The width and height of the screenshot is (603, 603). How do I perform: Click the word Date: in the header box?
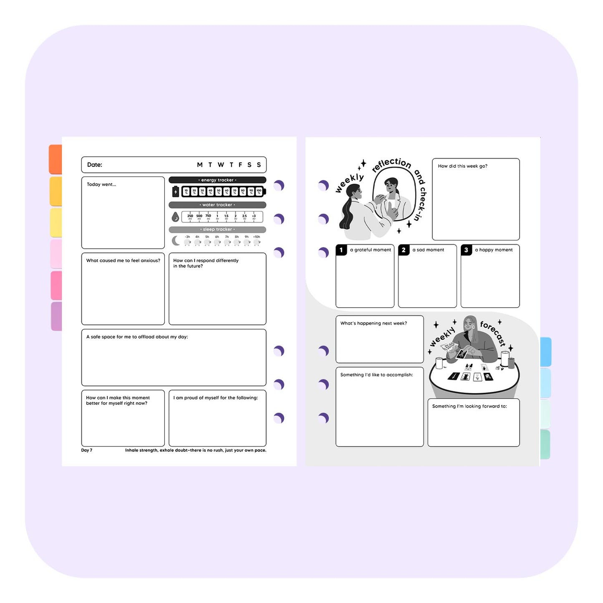[x=94, y=165]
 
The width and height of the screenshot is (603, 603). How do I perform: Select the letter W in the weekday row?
[x=221, y=165]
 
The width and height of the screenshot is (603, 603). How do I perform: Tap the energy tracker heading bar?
[x=217, y=180]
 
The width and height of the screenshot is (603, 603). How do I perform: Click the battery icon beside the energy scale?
[x=175, y=192]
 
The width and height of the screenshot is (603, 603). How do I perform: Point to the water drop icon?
[x=175, y=217]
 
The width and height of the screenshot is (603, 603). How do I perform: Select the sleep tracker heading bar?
[x=217, y=230]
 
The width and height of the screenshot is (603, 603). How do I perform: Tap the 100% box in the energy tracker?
[x=259, y=192]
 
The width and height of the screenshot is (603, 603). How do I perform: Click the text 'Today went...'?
[x=101, y=184]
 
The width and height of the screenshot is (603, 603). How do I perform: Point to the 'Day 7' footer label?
[x=87, y=450]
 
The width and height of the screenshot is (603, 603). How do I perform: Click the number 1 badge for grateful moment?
[x=341, y=250]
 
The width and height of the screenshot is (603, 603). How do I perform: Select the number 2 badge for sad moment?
[x=404, y=250]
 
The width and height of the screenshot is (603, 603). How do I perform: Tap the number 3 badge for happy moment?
[x=466, y=250]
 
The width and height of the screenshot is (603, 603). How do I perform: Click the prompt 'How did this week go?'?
[x=462, y=166]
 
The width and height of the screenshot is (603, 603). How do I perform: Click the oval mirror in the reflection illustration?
[x=394, y=194]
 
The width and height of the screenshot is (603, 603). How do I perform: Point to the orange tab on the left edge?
[x=56, y=159]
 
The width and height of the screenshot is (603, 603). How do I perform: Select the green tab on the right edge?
[x=545, y=444]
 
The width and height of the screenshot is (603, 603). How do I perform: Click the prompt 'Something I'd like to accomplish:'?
[x=376, y=375]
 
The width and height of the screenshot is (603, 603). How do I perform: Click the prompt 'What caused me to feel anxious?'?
[x=123, y=260]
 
